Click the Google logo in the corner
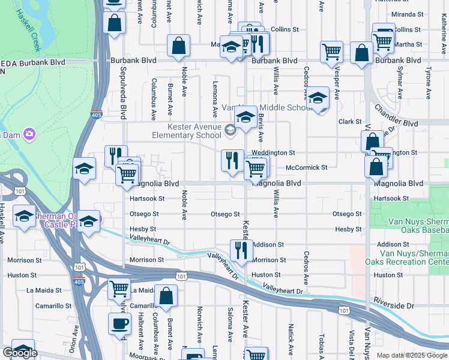click(20, 353)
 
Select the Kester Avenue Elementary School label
click(186, 130)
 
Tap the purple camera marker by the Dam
click(28, 134)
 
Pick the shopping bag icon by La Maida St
click(166, 296)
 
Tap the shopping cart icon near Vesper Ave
click(331, 53)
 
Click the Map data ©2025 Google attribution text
click(411, 355)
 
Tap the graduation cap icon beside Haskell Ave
click(24, 216)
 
